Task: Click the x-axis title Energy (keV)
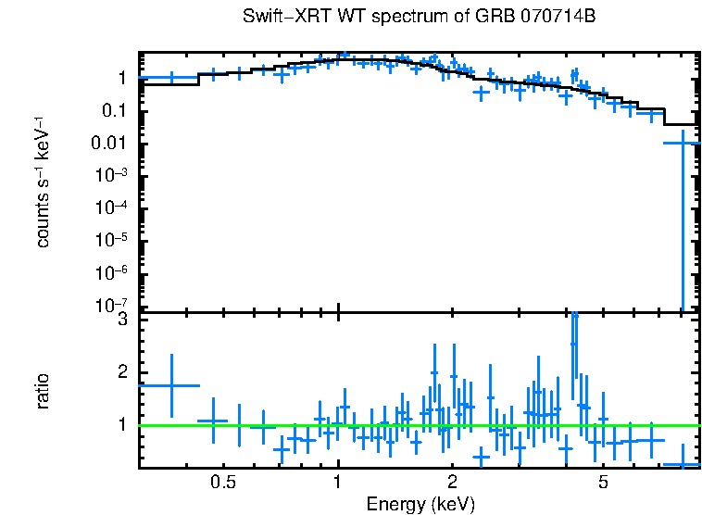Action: coord(420,504)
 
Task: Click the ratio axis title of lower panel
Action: coord(43,391)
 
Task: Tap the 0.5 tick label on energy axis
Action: coord(222,483)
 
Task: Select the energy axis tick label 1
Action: coord(338,483)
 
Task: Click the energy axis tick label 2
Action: coord(452,483)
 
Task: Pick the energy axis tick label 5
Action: coord(603,483)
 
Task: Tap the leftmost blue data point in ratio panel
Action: coord(170,385)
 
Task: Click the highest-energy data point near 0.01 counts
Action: coord(683,144)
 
